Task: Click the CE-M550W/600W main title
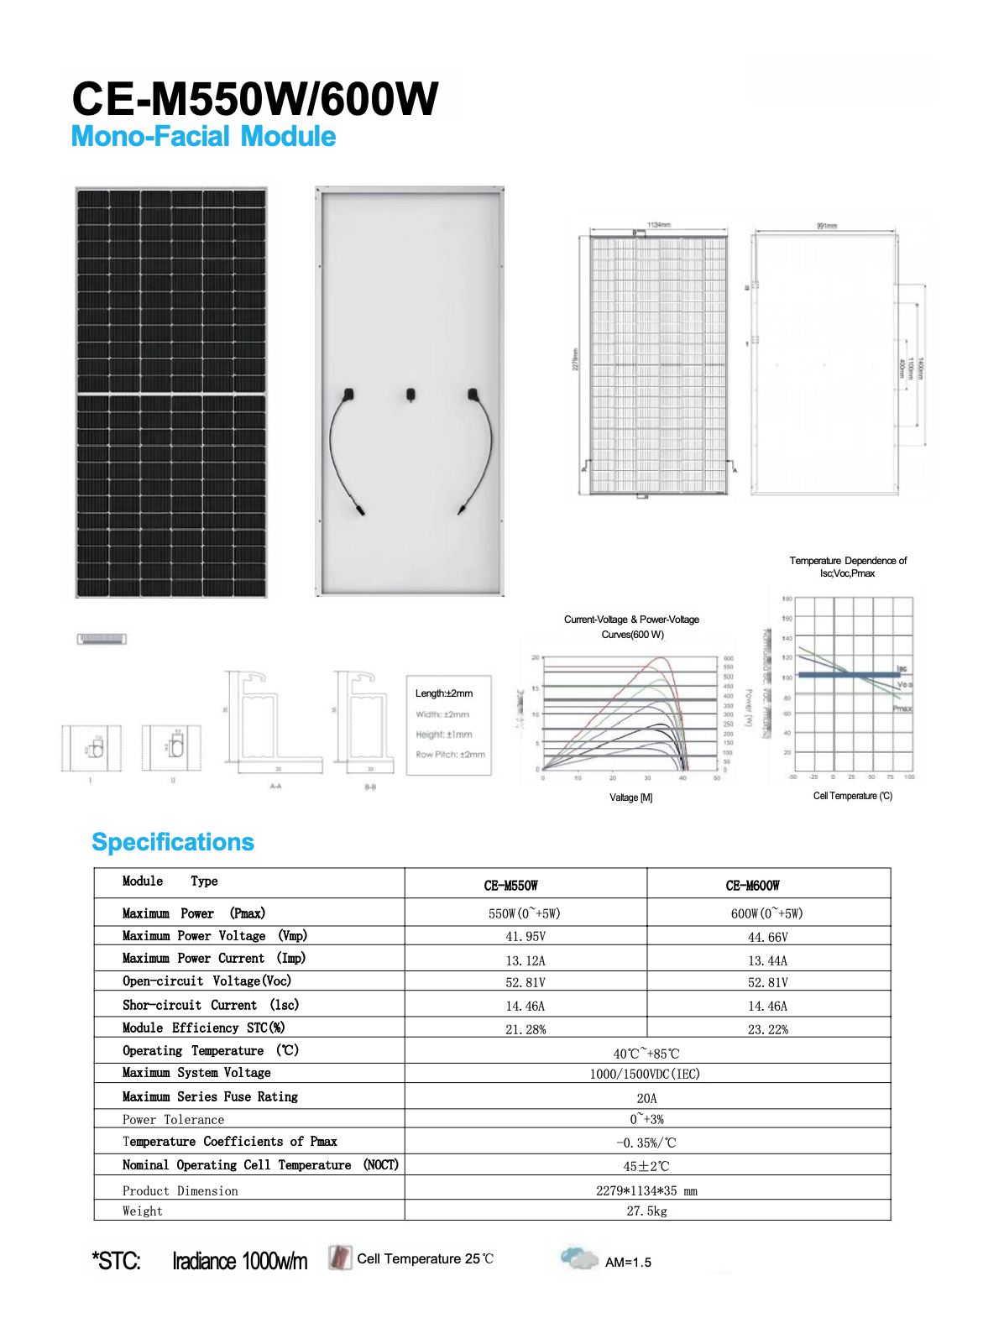click(x=254, y=99)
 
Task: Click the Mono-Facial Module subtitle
click(x=203, y=137)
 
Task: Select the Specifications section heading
click(x=173, y=842)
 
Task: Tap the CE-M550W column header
click(x=510, y=886)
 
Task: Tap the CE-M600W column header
click(x=752, y=886)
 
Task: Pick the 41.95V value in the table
click(x=526, y=937)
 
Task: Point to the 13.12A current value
click(x=526, y=960)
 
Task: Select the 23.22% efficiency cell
click(x=767, y=1029)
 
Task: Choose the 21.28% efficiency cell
click(x=526, y=1029)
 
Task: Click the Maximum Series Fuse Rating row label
click(x=210, y=1096)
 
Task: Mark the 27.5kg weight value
click(x=646, y=1211)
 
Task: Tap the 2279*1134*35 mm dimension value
click(x=646, y=1190)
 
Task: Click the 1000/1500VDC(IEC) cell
click(x=645, y=1074)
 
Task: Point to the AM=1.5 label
click(x=628, y=1262)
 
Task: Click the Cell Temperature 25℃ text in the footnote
click(x=425, y=1258)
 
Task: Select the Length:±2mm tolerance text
click(x=444, y=693)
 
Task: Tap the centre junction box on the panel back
click(x=410, y=395)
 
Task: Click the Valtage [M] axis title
click(x=630, y=798)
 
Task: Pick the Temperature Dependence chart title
click(x=848, y=567)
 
